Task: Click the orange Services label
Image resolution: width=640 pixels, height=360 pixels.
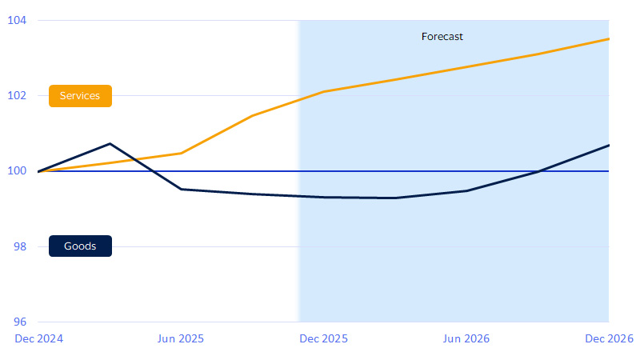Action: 80,96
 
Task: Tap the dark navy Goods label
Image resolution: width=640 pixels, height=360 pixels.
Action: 80,246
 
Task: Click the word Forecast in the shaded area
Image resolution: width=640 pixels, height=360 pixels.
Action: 442,36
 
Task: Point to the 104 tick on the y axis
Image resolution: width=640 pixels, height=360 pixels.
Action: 17,20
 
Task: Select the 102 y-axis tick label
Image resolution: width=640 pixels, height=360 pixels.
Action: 17,95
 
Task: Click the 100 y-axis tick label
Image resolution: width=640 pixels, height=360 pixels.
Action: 17,171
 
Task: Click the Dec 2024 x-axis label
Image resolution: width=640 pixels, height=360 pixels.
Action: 38,338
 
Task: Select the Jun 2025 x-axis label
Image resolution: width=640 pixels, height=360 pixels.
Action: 181,338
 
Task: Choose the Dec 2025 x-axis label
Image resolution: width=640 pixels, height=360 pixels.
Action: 323,338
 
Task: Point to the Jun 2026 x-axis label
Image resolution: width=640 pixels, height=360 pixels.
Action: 466,338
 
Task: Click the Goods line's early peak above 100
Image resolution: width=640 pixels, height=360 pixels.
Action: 110,144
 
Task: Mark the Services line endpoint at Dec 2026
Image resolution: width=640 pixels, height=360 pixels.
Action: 609,38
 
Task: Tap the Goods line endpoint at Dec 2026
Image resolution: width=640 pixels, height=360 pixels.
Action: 609,145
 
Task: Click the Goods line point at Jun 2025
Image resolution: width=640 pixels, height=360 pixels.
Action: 182,189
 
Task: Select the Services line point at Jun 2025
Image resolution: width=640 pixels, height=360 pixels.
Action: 182,153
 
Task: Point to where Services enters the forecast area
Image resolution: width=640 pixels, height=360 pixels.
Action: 299,98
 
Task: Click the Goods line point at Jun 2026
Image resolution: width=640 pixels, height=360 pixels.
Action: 466,190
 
